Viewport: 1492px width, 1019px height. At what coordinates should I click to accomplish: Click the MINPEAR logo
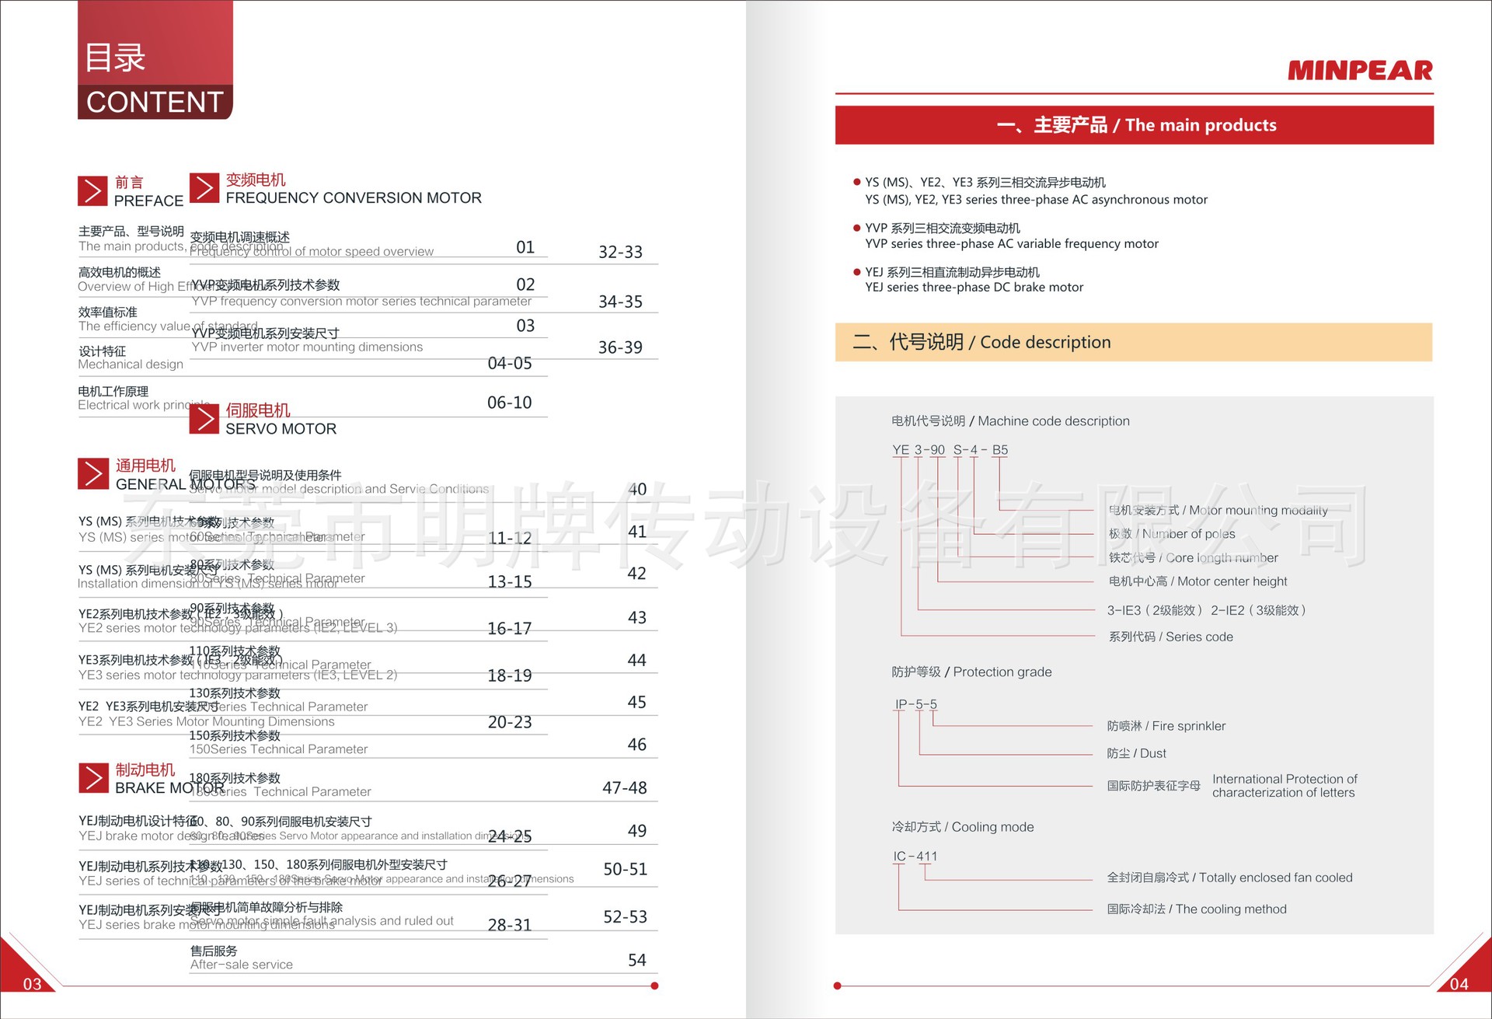click(x=1360, y=71)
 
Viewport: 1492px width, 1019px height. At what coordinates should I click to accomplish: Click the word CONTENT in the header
click(x=155, y=102)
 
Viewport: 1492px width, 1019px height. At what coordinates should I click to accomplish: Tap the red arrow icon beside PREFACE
click(x=92, y=190)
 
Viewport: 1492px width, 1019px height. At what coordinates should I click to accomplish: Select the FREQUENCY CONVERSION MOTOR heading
click(x=353, y=197)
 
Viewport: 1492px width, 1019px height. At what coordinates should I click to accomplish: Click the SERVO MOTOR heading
click(x=281, y=428)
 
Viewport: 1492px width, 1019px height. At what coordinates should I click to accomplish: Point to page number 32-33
click(x=620, y=252)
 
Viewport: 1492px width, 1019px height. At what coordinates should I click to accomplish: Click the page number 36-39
click(x=620, y=347)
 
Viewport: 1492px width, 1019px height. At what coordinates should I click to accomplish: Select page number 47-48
click(x=624, y=787)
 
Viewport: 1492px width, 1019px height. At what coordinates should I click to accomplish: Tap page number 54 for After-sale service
click(x=636, y=960)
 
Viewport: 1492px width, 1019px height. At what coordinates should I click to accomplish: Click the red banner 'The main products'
click(x=1134, y=125)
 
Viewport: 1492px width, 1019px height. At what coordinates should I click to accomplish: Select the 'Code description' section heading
click(x=982, y=342)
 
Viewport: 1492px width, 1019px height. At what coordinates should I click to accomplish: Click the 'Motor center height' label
click(x=1197, y=581)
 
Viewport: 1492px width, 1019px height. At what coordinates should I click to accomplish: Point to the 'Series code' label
click(x=1171, y=637)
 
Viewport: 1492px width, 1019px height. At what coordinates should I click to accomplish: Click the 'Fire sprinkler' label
click(x=1166, y=726)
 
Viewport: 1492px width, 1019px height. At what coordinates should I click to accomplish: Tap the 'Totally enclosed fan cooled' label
click(x=1229, y=878)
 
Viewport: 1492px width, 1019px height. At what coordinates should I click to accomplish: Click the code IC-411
click(x=915, y=856)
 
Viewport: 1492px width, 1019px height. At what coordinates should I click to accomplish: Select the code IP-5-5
click(x=916, y=704)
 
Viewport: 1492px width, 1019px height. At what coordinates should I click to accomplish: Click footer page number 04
click(x=1459, y=984)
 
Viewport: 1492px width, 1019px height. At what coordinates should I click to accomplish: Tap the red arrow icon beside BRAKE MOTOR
click(x=93, y=778)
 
